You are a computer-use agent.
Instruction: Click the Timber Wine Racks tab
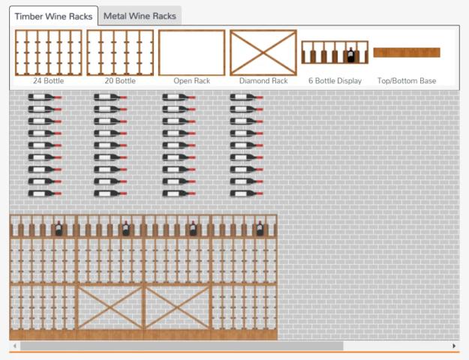click(53, 16)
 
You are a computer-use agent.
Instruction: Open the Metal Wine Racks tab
click(140, 16)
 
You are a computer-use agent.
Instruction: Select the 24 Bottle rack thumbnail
click(48, 52)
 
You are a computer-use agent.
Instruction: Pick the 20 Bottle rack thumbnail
click(120, 52)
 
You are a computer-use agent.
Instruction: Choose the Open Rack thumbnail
click(191, 52)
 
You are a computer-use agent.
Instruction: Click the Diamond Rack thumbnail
click(263, 52)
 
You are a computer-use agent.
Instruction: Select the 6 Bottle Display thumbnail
click(335, 52)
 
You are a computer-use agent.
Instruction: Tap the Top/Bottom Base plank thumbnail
click(407, 52)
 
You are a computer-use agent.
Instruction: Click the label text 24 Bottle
click(48, 81)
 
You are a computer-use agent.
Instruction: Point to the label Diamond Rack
click(263, 81)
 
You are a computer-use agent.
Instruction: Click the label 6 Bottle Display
click(335, 81)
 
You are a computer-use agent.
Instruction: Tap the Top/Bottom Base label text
click(407, 81)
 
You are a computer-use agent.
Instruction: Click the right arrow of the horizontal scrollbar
click(454, 346)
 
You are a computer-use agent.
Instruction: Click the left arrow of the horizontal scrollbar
click(15, 346)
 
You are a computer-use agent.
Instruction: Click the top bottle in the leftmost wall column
click(44, 97)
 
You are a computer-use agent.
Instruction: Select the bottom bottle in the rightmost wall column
click(246, 193)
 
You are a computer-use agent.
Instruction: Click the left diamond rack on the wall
click(110, 307)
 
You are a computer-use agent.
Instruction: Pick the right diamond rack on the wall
click(177, 307)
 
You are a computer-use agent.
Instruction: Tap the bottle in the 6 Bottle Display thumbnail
click(350, 55)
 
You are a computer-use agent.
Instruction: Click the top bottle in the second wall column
click(110, 97)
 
